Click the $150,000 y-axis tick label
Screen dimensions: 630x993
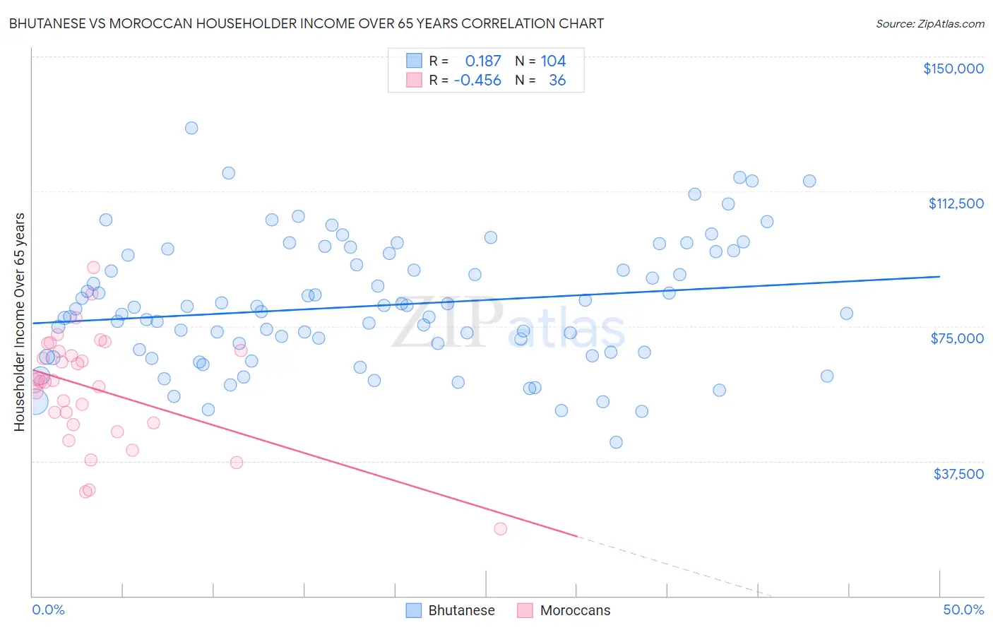pyautogui.click(x=953, y=69)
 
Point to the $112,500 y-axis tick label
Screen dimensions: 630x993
pyautogui.click(x=956, y=203)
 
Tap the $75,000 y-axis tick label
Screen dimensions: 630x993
pyautogui.click(x=957, y=338)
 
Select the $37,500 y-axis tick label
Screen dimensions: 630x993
pyautogui.click(x=958, y=474)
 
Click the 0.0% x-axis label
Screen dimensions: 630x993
pyautogui.click(x=48, y=610)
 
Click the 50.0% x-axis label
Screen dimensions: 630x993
pyautogui.click(x=963, y=610)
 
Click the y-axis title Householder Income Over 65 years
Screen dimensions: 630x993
pyautogui.click(x=20, y=322)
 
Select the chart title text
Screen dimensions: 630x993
pyautogui.click(x=306, y=23)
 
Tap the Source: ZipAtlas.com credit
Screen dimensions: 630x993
pyautogui.click(x=929, y=23)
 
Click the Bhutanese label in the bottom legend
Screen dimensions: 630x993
pyautogui.click(x=461, y=610)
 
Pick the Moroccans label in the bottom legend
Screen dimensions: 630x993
pyautogui.click(x=575, y=610)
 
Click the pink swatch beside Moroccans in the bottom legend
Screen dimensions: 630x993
pyautogui.click(x=525, y=610)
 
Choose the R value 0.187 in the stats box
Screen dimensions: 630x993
pyautogui.click(x=482, y=61)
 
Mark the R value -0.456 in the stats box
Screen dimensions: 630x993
pyautogui.click(x=477, y=80)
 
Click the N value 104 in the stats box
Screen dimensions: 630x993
pyautogui.click(x=553, y=61)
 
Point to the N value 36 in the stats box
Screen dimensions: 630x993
pyautogui.click(x=557, y=80)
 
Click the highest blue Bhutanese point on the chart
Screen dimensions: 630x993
pyautogui.click(x=191, y=128)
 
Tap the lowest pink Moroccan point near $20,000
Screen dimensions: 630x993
pyautogui.click(x=501, y=529)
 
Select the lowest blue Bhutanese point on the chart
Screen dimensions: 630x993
pyautogui.click(x=616, y=442)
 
